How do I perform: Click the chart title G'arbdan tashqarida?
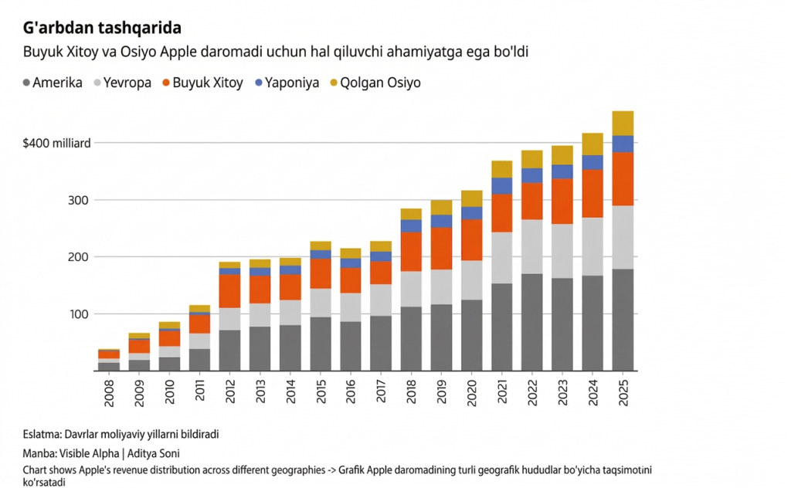(x=103, y=29)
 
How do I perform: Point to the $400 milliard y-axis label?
(x=58, y=143)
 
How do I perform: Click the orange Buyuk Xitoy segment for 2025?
(x=623, y=178)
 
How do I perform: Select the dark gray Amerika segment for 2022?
(x=532, y=322)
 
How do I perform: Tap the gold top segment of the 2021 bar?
(x=502, y=169)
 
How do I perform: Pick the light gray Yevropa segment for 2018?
(x=411, y=289)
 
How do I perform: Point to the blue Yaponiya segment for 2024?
(x=592, y=162)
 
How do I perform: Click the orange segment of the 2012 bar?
(x=230, y=291)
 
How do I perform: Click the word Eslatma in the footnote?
(x=42, y=435)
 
